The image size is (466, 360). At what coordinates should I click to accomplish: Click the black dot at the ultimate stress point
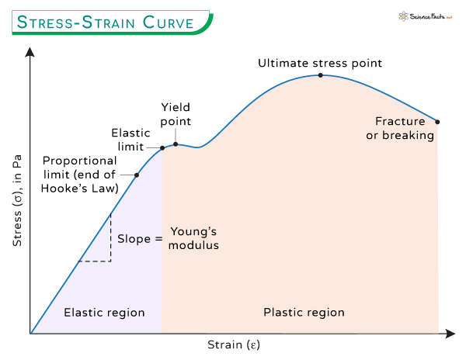(321, 75)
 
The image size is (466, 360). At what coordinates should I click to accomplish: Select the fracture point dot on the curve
(437, 122)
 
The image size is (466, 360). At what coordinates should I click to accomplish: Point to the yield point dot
(176, 144)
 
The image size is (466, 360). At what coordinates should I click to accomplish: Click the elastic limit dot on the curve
(162, 148)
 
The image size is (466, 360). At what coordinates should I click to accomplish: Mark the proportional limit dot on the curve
(137, 175)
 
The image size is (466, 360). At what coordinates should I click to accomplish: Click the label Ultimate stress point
(321, 61)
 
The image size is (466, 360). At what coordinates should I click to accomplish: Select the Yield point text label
(176, 114)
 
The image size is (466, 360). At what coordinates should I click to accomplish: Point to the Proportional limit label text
(80, 175)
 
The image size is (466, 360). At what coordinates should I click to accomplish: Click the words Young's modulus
(194, 238)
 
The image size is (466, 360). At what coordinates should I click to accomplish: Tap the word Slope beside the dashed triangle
(134, 238)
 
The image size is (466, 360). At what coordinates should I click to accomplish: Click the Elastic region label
(104, 313)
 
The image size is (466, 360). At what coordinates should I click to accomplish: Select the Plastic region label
(304, 313)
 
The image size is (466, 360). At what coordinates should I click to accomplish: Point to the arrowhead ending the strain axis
(450, 334)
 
